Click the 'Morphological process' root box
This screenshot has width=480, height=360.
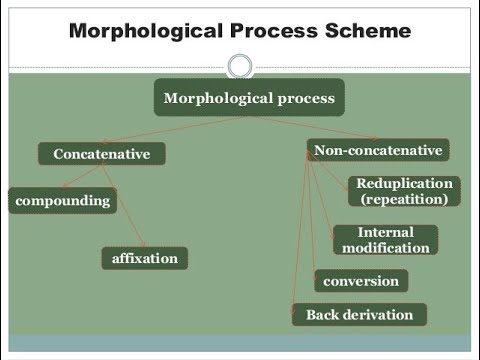tap(248, 98)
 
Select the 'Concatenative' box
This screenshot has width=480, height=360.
tap(101, 154)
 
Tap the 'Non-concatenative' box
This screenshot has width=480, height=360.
tap(377, 151)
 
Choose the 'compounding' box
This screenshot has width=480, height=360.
tap(62, 200)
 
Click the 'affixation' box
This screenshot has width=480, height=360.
tap(144, 258)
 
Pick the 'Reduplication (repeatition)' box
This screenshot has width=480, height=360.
tap(404, 191)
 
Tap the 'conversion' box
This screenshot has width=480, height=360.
tap(361, 281)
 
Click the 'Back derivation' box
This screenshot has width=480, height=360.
tap(359, 315)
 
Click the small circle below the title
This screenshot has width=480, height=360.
tap(239, 66)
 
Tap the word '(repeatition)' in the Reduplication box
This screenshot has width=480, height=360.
tap(404, 199)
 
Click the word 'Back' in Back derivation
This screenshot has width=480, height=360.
tap(323, 315)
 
